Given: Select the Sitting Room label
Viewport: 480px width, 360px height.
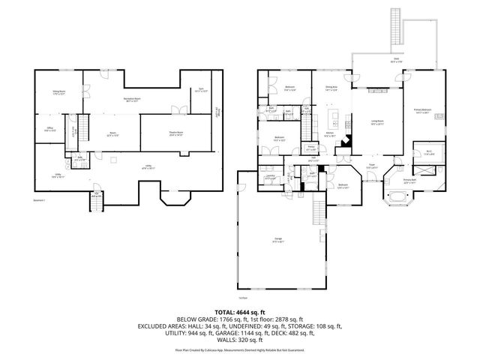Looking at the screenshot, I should coord(58,92).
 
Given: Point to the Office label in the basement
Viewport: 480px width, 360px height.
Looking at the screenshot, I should coord(49,130).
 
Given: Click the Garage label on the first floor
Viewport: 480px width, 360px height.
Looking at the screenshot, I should coord(278,241).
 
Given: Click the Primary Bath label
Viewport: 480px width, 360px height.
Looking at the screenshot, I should coord(409,181).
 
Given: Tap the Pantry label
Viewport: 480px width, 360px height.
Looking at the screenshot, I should coord(311,148).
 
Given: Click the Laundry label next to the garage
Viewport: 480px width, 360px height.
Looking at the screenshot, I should coord(271,178).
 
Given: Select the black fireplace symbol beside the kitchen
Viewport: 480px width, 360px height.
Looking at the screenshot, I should coord(346,142).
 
